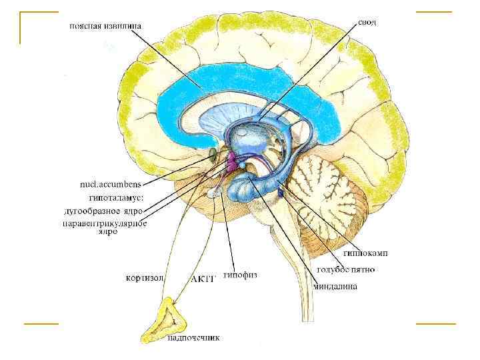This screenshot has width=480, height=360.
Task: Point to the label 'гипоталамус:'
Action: (x=116, y=197)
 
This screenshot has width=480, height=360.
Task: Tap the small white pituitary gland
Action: (x=213, y=192)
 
